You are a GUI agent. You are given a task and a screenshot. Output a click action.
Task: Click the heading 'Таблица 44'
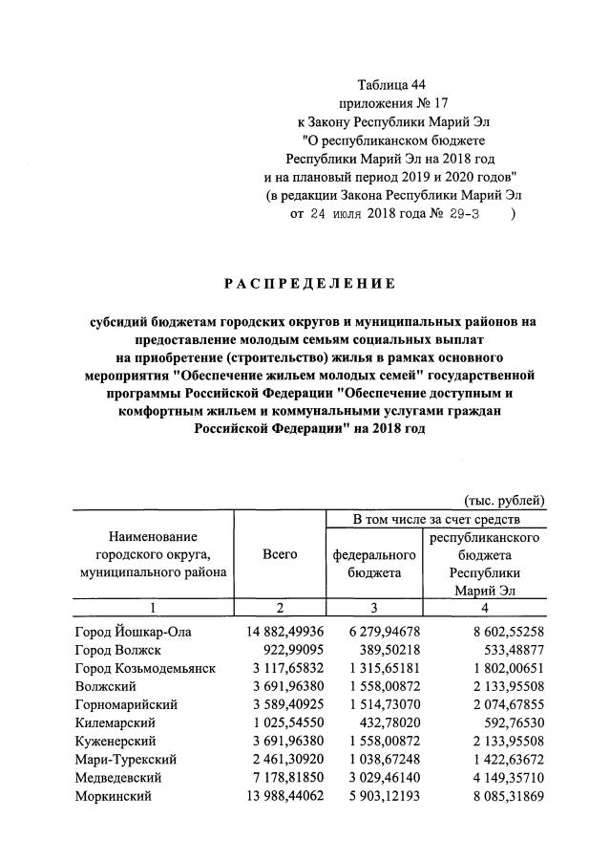[390, 83]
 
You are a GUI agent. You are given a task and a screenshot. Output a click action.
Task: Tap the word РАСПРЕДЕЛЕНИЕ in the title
[309, 283]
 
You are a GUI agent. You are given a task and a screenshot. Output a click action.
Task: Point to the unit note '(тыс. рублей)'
[504, 499]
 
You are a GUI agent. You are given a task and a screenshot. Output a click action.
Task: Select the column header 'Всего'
[279, 554]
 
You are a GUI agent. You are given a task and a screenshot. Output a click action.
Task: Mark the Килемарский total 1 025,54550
[277, 722]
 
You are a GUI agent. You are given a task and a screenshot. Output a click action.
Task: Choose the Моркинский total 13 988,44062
[273, 795]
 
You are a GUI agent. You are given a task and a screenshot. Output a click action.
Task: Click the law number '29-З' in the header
[462, 214]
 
